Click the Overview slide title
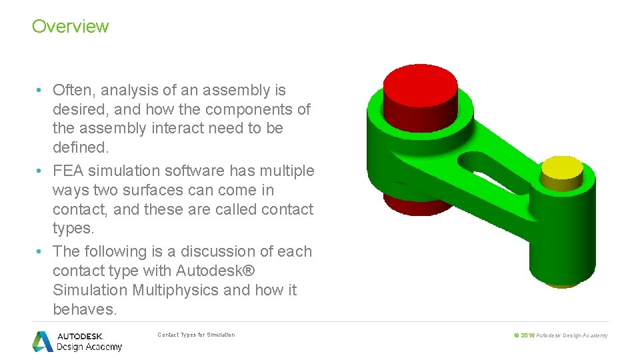(70, 27)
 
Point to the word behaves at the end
(85, 309)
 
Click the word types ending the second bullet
(72, 228)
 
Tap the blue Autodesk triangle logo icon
(43, 341)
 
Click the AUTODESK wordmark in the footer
(79, 336)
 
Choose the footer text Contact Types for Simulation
(196, 335)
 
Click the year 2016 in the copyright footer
(527, 335)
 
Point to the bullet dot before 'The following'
(40, 252)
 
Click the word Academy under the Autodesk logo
(104, 347)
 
